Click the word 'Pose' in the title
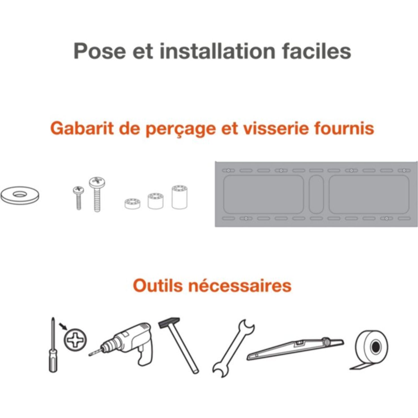[100, 51]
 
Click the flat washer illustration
[20, 195]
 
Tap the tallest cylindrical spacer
[180, 197]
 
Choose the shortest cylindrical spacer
[132, 203]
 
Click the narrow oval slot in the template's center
[316, 194]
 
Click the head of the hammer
[169, 323]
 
